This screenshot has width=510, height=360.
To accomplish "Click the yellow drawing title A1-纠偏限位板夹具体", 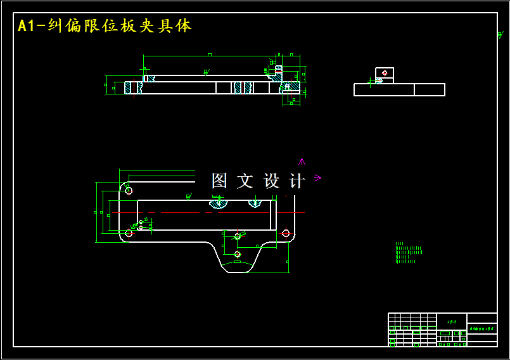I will point(105,26).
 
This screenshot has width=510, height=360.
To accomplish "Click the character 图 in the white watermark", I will point(219,181).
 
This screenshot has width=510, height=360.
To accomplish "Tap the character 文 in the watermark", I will point(245,181).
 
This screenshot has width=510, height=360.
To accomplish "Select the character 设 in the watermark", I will point(271,181).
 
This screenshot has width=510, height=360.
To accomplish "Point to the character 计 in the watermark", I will point(296,181).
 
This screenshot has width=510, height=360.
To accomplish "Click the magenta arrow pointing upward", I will point(302,162).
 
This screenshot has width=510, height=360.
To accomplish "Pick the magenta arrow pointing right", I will point(317,178).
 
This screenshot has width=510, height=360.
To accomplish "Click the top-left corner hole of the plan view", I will point(129,190).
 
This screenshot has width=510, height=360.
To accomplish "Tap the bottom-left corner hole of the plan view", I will point(129,233).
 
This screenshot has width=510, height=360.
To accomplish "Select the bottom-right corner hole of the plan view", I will point(286,233).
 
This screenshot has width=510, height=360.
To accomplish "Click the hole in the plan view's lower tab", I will point(237,254).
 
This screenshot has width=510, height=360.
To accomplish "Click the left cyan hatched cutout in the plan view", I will point(218,203).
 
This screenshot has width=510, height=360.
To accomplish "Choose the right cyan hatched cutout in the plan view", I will point(255,203).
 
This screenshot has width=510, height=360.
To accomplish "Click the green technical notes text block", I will point(407,253).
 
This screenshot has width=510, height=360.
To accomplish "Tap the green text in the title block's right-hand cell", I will point(481,330).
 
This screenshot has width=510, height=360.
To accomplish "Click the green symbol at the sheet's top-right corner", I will point(500,35).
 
